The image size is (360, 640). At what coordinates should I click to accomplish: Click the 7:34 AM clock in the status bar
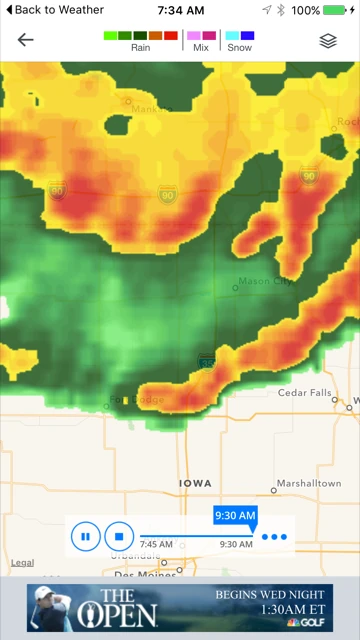[180, 10]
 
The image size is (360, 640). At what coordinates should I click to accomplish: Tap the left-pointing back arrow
[25, 40]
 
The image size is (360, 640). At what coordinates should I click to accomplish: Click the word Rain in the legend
[141, 48]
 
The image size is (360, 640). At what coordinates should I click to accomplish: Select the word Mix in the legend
[201, 48]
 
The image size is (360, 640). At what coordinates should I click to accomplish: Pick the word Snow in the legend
[239, 48]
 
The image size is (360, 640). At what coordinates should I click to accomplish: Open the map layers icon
[328, 40]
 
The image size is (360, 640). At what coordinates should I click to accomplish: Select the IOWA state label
[195, 483]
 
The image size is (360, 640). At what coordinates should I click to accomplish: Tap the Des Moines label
[138, 575]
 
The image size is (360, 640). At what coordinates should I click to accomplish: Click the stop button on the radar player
[118, 537]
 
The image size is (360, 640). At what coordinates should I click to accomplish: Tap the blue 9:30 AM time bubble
[235, 516]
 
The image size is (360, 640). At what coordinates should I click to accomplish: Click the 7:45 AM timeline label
[156, 545]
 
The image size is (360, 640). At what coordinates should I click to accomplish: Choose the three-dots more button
[274, 537]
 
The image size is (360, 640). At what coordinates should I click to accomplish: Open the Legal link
[22, 563]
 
